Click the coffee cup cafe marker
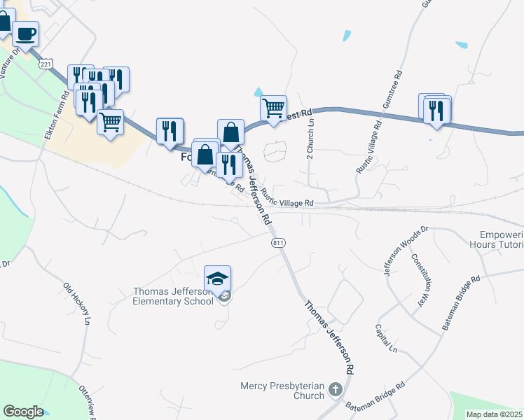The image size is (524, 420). (25, 34)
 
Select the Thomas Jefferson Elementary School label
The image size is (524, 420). (173, 296)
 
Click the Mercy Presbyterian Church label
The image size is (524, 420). (282, 391)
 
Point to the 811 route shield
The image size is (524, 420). (278, 241)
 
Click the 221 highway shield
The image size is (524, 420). (46, 64)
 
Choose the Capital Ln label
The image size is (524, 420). (385, 339)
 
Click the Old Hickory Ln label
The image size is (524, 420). (77, 304)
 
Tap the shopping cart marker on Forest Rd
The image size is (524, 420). (273, 108)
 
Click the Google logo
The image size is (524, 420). (23, 412)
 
